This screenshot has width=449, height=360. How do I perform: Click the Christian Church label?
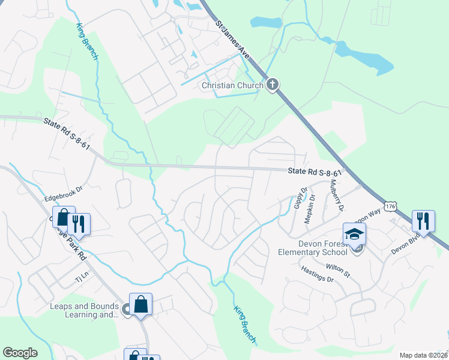(x=232, y=85)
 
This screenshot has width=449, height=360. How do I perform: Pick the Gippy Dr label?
(x=300, y=199)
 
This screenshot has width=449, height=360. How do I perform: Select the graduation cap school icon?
(x=354, y=233)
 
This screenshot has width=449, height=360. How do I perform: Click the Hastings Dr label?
(x=317, y=278)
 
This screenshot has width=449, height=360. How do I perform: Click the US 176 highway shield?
(x=391, y=206)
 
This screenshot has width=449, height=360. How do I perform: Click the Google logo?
(x=20, y=353)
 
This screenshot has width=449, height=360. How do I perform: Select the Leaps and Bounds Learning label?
(x=83, y=310)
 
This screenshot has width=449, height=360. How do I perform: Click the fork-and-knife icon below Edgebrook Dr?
(x=79, y=224)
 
